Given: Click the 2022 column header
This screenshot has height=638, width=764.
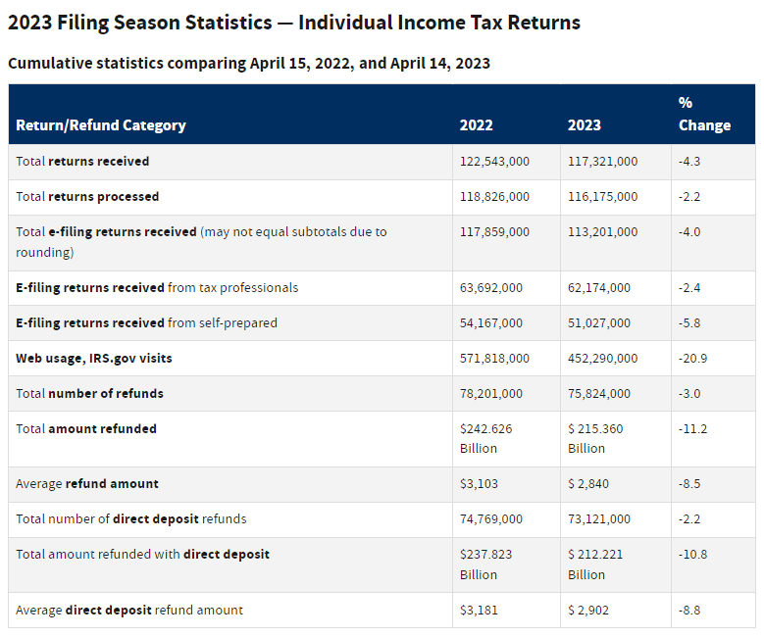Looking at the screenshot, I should click(476, 125).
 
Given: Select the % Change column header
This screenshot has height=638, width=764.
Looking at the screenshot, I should click(703, 114).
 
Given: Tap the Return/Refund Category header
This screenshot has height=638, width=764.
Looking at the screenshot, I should click(101, 125).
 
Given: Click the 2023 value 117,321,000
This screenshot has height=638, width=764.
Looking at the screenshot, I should click(602, 162).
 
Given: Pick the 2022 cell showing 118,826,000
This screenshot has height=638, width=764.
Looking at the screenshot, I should click(494, 197).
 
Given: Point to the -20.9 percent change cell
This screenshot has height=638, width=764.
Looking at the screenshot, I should click(692, 359).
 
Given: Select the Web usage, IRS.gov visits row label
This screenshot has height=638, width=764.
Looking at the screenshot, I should click(94, 359).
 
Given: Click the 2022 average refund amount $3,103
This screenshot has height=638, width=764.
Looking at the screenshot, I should click(480, 484).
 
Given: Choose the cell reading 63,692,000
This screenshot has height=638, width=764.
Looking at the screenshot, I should click(491, 288).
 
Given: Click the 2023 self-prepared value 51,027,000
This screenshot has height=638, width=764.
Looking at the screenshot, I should click(599, 323).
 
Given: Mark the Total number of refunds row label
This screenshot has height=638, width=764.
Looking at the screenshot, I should click(90, 394).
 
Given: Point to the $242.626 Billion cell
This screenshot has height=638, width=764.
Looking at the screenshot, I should click(485, 438).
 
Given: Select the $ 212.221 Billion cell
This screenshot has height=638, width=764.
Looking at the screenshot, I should click(595, 564).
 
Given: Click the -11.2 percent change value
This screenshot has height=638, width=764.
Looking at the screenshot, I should click(692, 429).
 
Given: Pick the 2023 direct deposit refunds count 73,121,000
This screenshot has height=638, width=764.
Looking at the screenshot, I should click(599, 519).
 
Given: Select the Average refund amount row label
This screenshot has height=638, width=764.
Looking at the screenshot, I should click(87, 484).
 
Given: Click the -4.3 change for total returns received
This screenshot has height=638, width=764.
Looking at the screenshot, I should click(690, 162).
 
